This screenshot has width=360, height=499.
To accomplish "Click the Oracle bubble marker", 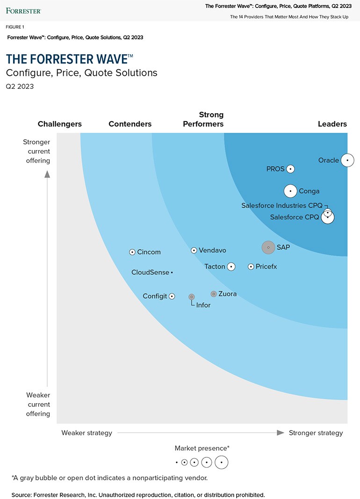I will [347, 160].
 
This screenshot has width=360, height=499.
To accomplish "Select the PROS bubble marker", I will [290, 169].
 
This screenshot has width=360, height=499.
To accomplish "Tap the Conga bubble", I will [290, 191].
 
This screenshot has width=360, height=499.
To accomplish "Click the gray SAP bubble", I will [268, 247].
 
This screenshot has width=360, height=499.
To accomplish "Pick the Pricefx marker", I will [251, 267].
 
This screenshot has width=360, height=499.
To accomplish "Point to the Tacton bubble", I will [231, 267].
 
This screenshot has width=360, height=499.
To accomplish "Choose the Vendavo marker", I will [194, 250].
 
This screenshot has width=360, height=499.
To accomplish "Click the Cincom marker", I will [132, 252].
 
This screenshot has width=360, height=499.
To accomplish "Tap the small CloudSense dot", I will [172, 272].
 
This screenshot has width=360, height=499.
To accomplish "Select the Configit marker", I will [172, 296].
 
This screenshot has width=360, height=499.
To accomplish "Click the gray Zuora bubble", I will [214, 294].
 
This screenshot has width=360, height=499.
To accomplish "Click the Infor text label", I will [203, 305].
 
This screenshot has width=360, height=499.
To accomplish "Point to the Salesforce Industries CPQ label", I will [282, 205].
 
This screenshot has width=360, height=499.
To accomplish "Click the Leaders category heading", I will [332, 124].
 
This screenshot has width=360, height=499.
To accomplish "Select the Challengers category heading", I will [60, 124].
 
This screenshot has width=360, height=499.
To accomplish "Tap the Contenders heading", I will [130, 124].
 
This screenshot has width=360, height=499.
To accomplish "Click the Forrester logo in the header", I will [23, 10].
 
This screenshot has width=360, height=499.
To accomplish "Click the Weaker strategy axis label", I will [87, 433].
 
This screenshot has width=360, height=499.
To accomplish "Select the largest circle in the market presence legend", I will [222, 463].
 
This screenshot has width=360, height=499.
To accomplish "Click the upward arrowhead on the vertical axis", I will [47, 174].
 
